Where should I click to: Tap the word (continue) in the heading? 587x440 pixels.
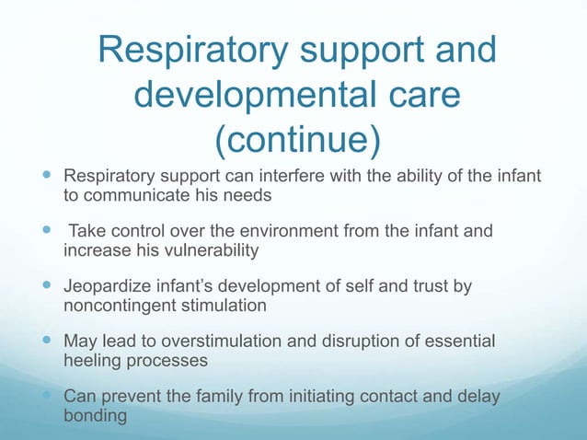(x=296, y=140)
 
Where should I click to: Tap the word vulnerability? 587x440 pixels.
(x=198, y=249)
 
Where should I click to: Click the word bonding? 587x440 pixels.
(x=96, y=416)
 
